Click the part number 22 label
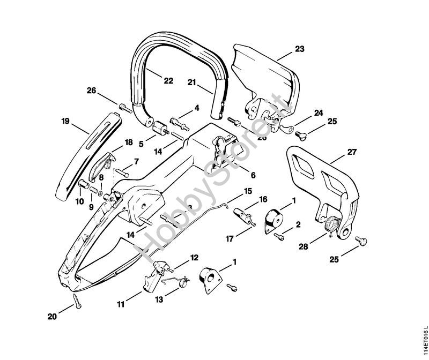click(168, 81)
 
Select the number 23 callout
click(299, 49)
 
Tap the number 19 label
click(66, 122)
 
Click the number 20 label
click(51, 317)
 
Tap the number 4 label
click(196, 108)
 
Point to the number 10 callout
click(79, 201)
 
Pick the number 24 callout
click(319, 113)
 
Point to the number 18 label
click(129, 142)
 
